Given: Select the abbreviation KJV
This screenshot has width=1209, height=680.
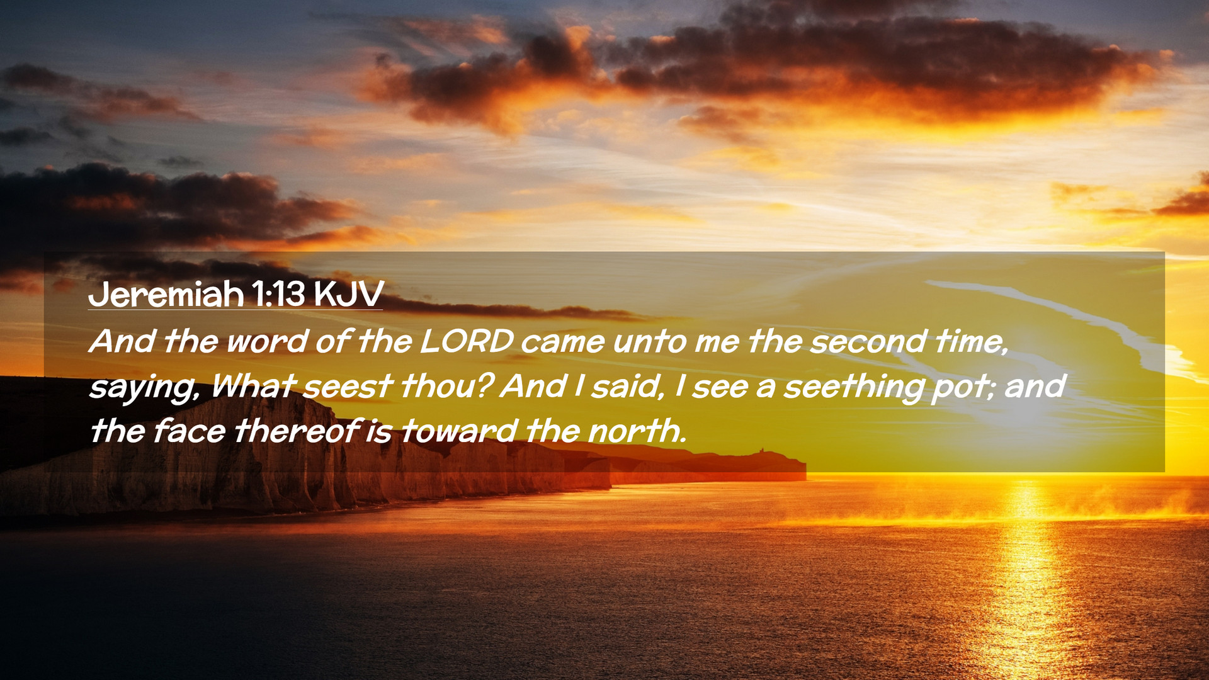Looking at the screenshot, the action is [348, 294].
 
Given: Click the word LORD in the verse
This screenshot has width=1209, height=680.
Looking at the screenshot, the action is [467, 341].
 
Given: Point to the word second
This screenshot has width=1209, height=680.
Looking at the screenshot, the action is [868, 341].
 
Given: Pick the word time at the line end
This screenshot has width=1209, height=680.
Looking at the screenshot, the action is [971, 342].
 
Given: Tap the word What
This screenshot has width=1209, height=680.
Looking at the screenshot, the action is [253, 386].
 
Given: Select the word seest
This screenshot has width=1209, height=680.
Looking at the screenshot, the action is [348, 387].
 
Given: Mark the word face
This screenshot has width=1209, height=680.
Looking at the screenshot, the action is [189, 431].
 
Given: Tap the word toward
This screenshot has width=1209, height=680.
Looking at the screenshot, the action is [459, 431].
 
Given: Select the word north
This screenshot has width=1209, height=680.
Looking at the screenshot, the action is [637, 431].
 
